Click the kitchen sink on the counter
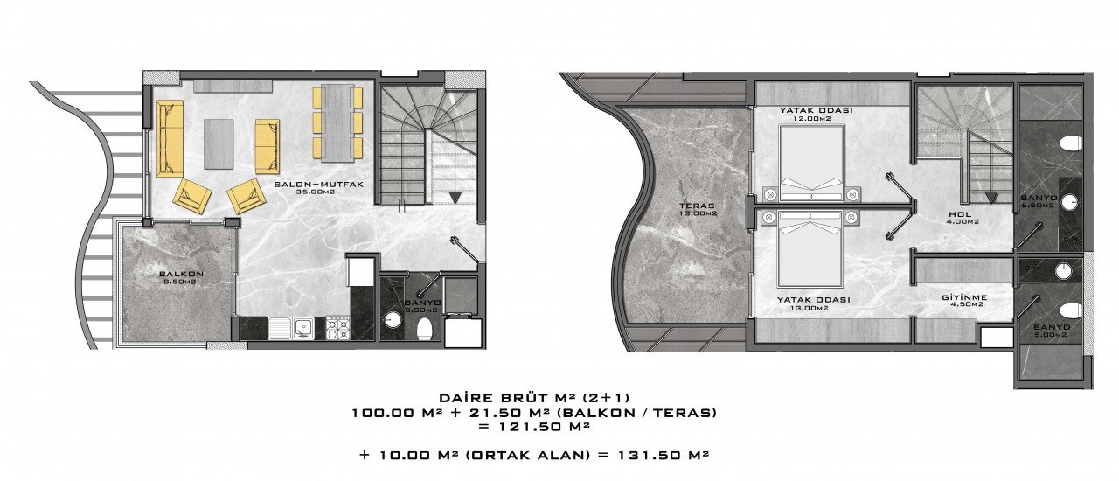click(291, 328)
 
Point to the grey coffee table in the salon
click(219, 144)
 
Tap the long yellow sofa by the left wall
click(170, 138)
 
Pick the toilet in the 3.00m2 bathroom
click(425, 329)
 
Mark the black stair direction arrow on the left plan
click(454, 198)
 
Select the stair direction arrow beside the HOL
click(991, 197)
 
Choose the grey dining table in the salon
click(337, 123)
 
